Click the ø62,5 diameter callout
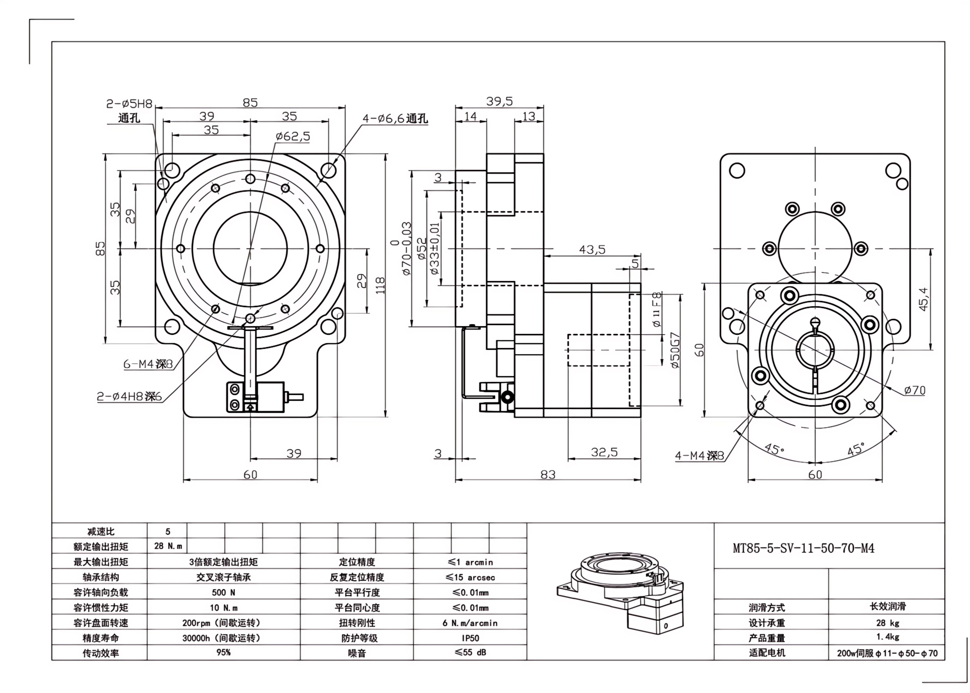click(x=293, y=137)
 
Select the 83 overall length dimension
click(x=548, y=474)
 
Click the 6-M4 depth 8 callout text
click(x=148, y=364)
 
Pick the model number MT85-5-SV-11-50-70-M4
click(x=803, y=548)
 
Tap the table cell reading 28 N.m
click(x=168, y=546)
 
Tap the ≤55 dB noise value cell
click(x=470, y=652)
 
